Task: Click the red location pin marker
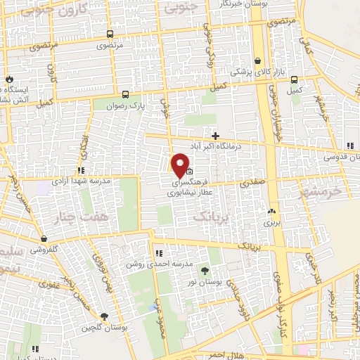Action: coord(180,165)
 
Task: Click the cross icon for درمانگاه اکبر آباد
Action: coord(216,135)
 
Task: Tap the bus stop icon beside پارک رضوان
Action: coord(125,94)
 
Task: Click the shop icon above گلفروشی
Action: coord(44,239)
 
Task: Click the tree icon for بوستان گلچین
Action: coord(104,317)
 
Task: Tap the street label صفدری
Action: coord(250,182)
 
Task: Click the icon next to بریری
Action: coord(271,210)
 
